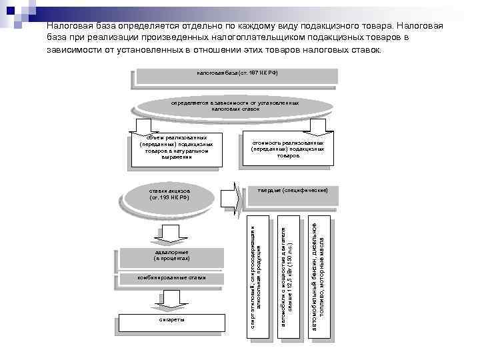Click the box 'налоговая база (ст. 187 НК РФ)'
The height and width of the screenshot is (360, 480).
pos(237,73)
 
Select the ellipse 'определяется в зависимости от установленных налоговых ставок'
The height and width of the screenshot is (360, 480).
pos(235,106)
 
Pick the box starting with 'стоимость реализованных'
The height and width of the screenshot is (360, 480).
pos(287,149)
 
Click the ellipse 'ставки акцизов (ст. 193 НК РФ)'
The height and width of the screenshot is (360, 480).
pos(169,194)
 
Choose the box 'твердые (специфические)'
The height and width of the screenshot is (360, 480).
pos(293,191)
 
